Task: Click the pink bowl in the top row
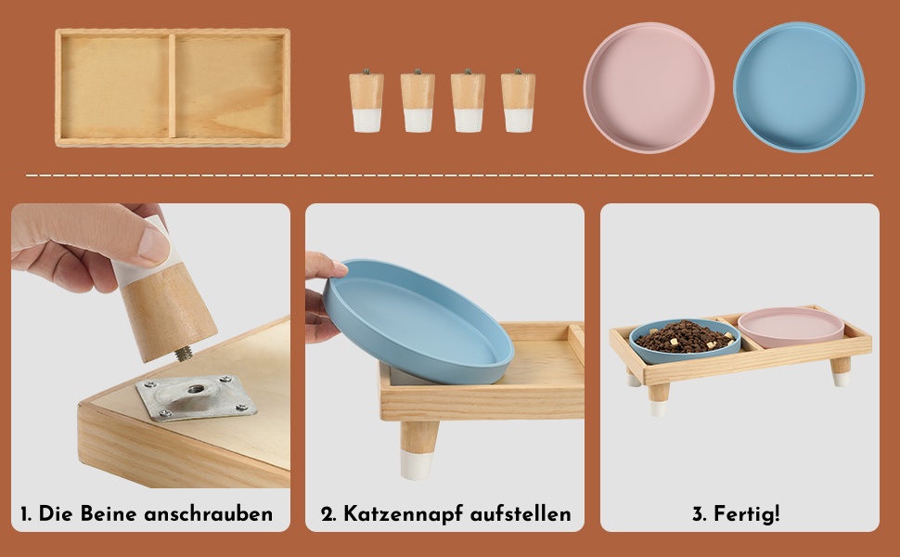(649, 87)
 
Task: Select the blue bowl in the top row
(799, 86)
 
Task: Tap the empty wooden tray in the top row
(173, 87)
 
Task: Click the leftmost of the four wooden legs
(366, 100)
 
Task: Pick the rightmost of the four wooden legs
(518, 100)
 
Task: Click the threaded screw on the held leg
(184, 354)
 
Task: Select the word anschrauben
(209, 513)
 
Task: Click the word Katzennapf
(403, 514)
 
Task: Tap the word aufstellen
(521, 513)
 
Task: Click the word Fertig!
(746, 513)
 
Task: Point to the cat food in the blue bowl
(685, 336)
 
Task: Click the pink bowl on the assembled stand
(791, 327)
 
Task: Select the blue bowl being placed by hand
(418, 320)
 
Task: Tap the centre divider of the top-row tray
(172, 86)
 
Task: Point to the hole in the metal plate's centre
(197, 389)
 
